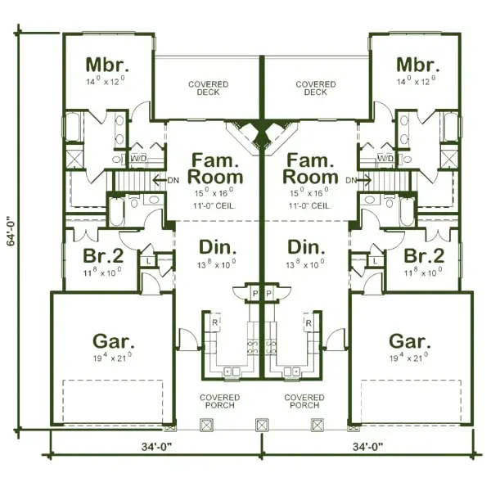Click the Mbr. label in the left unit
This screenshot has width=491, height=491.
point(108,64)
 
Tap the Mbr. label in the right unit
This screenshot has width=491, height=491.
point(415,64)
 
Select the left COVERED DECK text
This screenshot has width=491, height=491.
point(209,88)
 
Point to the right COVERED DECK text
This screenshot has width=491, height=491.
point(315,88)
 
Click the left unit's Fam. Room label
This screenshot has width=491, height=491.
point(215,168)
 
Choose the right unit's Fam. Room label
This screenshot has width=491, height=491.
point(309,168)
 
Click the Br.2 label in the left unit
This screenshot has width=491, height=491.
point(104,255)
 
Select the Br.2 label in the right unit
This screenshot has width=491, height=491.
point(423,255)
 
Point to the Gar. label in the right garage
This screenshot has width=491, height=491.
point(411,340)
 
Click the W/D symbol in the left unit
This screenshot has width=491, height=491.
point(138,158)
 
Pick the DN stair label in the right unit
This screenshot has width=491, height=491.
point(351,179)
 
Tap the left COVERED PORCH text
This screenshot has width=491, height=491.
point(218,402)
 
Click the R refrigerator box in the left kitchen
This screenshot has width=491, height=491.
point(215,323)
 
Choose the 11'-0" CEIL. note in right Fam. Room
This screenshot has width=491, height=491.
point(309,206)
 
